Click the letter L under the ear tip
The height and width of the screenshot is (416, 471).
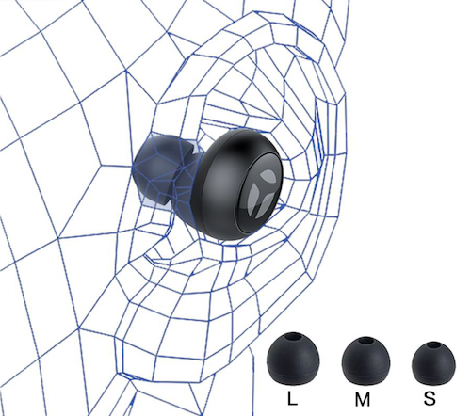pyautogui.click(x=292, y=398)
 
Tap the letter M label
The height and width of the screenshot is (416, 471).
pyautogui.click(x=363, y=399)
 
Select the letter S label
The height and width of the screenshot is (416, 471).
pyautogui.click(x=430, y=399)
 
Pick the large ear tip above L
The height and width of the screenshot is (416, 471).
pyautogui.click(x=293, y=359)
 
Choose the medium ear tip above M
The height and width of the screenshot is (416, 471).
pyautogui.click(x=365, y=360)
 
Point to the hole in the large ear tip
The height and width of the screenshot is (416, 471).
pyautogui.click(x=294, y=336)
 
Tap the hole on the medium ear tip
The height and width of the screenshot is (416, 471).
pyautogui.click(x=365, y=341)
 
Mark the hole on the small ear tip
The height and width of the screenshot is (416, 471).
pyautogui.click(x=433, y=345)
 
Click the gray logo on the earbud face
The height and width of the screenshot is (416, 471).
pyautogui.click(x=262, y=193)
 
